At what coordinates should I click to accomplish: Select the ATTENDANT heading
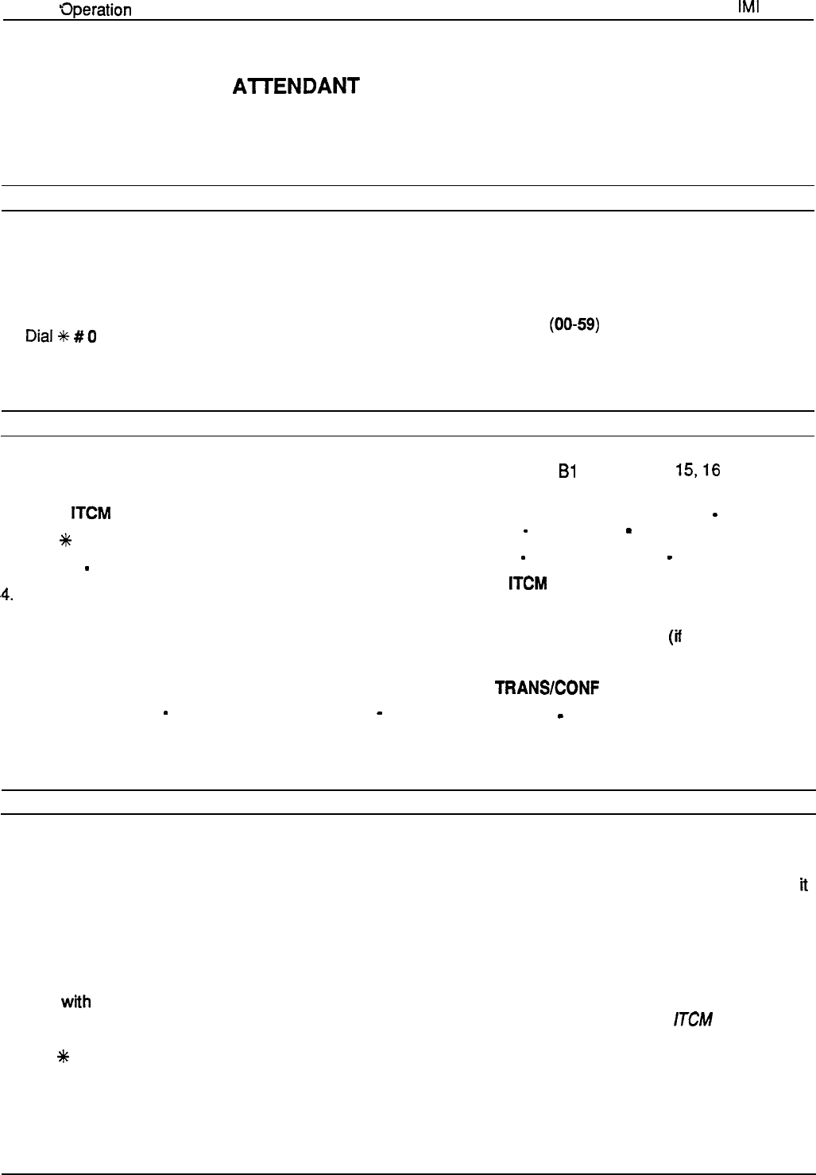[x=296, y=86]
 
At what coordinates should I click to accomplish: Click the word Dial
[x=38, y=336]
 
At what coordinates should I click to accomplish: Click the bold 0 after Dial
[x=92, y=336]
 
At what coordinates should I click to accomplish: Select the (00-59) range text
[x=574, y=326]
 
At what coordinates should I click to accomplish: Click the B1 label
[x=567, y=471]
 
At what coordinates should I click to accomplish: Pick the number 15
[x=683, y=471]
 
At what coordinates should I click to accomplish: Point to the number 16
[x=711, y=471]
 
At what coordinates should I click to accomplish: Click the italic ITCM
[x=692, y=1019]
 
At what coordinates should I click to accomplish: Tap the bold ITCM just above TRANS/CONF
[x=528, y=584]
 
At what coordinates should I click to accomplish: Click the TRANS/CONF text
[x=547, y=688]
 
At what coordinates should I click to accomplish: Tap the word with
[x=75, y=1002]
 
